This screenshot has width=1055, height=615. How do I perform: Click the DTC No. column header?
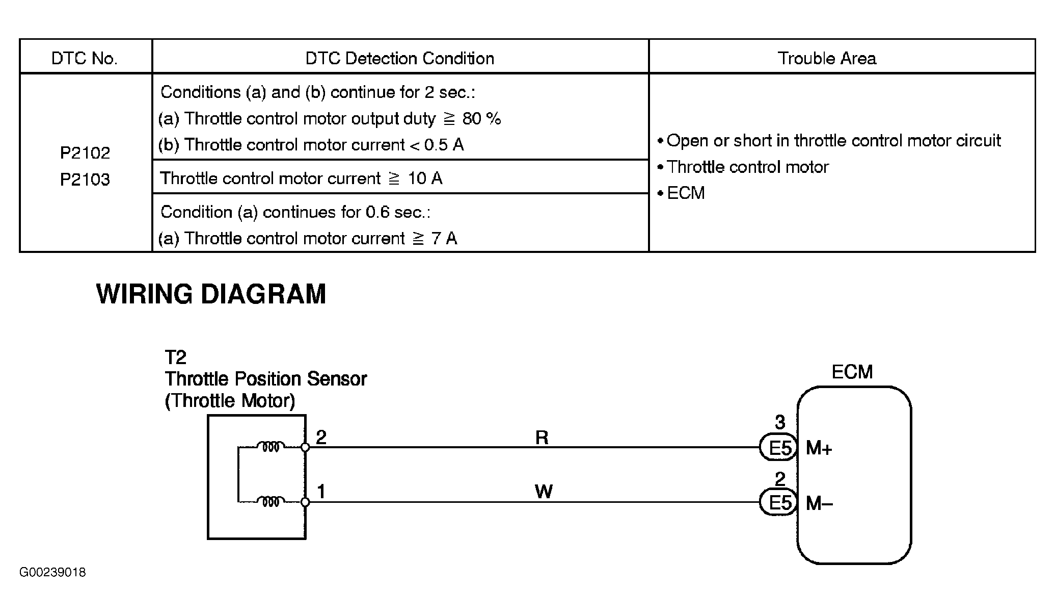[x=85, y=59]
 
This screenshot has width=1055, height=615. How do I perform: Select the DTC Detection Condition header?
[x=399, y=59]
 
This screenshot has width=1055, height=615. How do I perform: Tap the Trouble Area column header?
[x=826, y=59]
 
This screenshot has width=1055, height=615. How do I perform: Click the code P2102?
[x=85, y=153]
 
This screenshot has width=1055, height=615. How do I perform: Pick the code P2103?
[x=85, y=180]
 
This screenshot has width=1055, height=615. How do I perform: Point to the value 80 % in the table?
[x=481, y=119]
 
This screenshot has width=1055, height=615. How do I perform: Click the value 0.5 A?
[x=444, y=145]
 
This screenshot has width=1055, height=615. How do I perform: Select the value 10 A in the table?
[x=425, y=178]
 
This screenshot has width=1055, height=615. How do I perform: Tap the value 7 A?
[x=444, y=239]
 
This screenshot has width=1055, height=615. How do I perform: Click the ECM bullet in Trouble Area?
[x=685, y=193]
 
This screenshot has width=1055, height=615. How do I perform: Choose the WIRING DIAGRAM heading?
[x=211, y=294]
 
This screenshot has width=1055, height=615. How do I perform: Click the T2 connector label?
[x=176, y=357]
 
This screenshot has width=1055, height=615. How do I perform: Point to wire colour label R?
[x=542, y=438]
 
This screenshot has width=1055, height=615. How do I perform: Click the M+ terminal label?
[x=819, y=449]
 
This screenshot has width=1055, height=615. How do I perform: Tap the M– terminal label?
[x=819, y=504]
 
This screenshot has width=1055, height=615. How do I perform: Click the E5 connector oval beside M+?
[x=779, y=448]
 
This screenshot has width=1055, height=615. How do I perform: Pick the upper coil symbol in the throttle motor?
[x=269, y=447]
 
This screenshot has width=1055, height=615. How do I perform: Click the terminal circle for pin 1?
[x=305, y=502]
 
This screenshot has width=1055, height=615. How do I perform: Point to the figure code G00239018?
[x=52, y=572]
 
